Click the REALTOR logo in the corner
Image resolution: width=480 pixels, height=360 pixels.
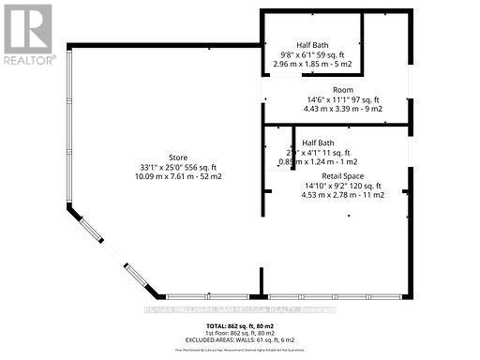click(28, 34)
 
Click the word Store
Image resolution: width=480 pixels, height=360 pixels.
click(178, 157)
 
